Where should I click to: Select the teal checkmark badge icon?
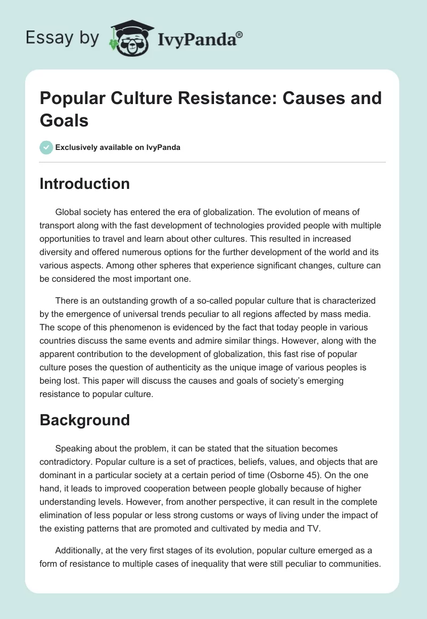(x=46, y=147)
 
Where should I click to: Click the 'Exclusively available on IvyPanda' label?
(x=118, y=147)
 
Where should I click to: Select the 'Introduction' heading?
(x=85, y=184)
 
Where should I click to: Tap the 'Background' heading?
(x=85, y=420)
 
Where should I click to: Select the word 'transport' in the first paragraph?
(x=61, y=224)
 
